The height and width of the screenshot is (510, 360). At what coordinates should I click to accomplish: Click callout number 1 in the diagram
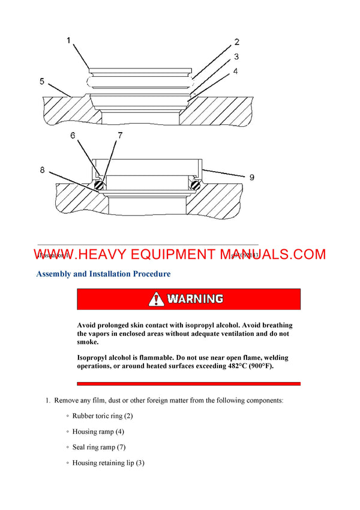(x=68, y=41)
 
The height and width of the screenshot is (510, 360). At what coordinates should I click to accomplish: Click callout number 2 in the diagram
(x=237, y=42)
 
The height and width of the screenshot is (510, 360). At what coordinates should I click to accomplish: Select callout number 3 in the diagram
(x=237, y=56)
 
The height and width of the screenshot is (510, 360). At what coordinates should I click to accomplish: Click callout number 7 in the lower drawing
(x=120, y=136)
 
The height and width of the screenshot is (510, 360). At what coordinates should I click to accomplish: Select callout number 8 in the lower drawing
(x=43, y=170)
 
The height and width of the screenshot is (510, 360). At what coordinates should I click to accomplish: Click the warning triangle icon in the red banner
(x=157, y=299)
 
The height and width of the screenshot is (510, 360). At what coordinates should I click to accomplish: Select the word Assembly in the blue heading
(x=58, y=274)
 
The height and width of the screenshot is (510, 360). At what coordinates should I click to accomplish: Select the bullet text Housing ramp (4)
(x=98, y=431)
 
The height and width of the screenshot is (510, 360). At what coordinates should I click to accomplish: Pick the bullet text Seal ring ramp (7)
(x=98, y=447)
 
